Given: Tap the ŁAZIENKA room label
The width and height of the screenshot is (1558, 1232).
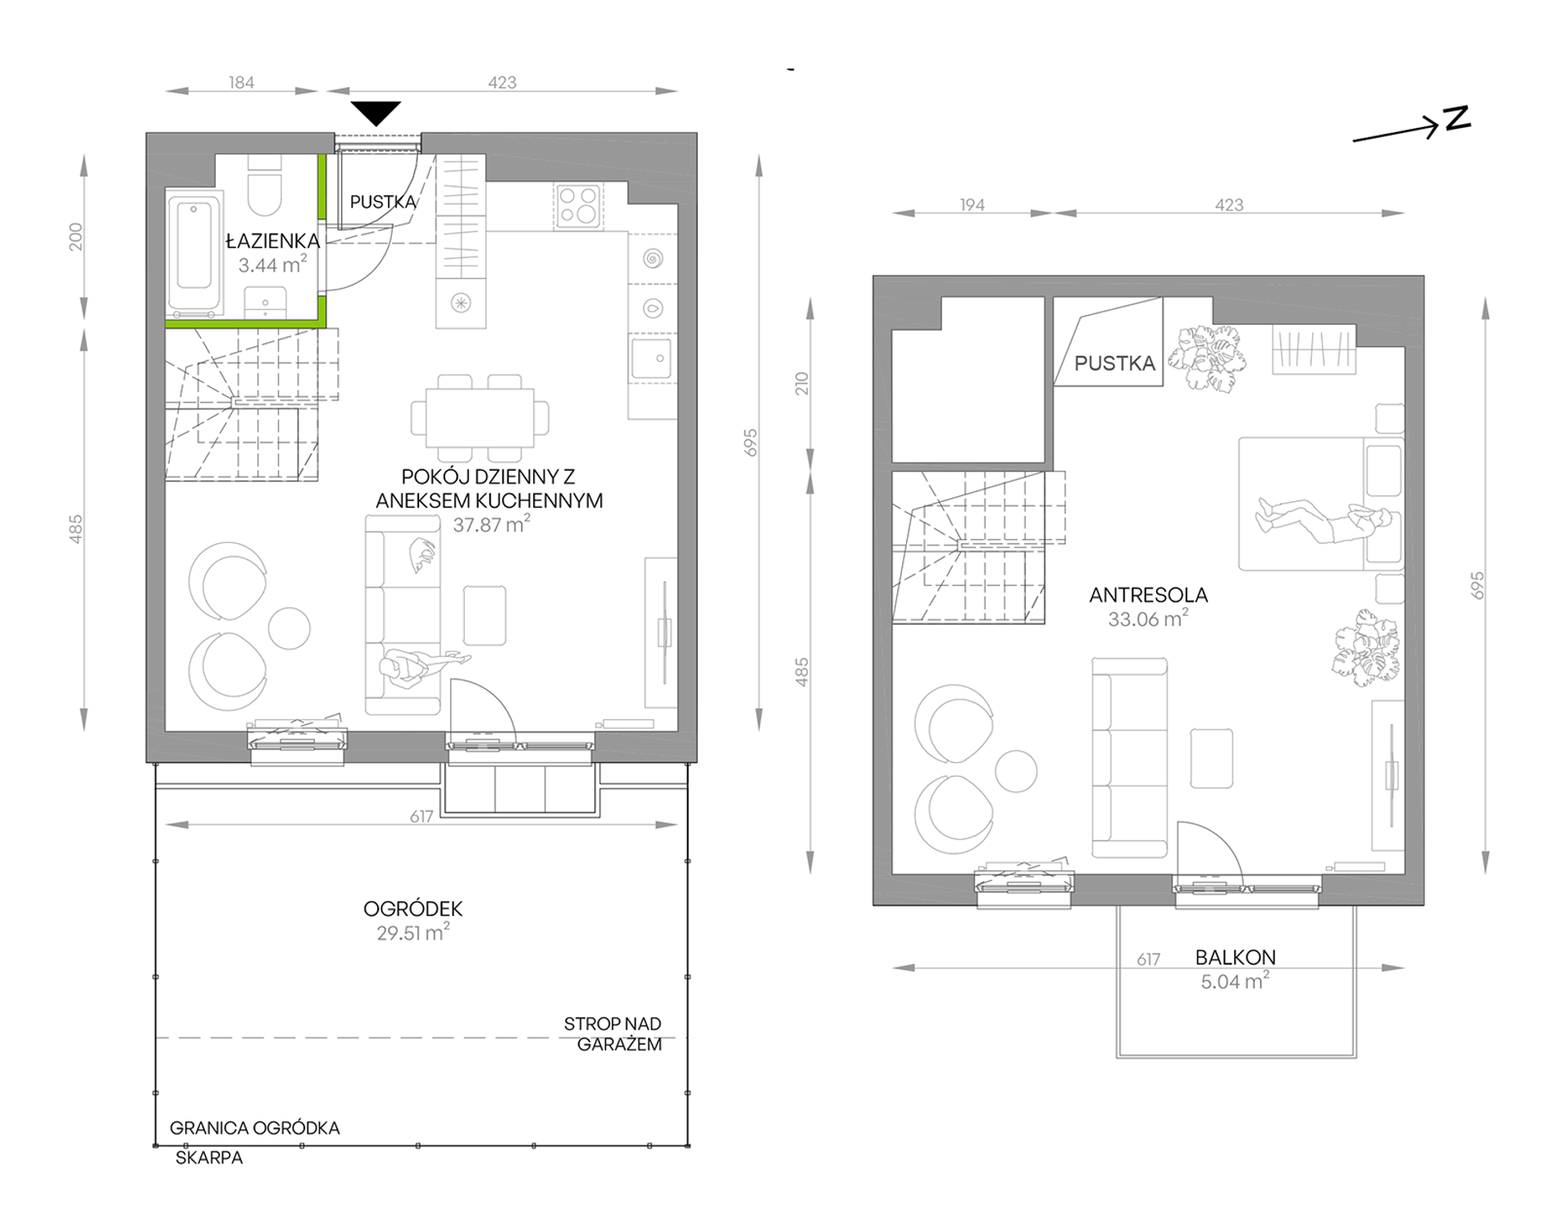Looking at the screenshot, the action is click(272, 241).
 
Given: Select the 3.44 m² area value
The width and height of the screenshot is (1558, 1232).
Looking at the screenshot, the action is click(272, 264).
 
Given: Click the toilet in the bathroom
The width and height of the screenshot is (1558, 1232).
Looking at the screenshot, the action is click(264, 191).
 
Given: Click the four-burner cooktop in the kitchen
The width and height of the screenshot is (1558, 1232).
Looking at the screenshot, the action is click(577, 205).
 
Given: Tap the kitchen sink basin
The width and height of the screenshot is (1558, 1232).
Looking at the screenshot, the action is click(653, 358).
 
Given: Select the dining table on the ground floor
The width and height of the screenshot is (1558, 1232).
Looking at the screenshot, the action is click(480, 418).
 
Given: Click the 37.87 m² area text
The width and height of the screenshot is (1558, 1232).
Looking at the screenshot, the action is click(491, 524).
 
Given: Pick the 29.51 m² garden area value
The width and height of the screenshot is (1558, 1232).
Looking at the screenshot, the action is click(413, 933).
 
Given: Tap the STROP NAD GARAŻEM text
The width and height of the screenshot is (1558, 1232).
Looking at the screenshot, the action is click(613, 1034).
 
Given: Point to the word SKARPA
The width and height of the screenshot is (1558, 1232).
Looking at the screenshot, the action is click(209, 1158).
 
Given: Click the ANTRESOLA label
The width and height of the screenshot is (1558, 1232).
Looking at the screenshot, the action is click(1148, 595).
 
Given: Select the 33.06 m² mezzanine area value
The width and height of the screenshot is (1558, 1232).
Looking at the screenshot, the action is click(1148, 619).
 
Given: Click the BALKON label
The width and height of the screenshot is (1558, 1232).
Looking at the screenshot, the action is click(1235, 957).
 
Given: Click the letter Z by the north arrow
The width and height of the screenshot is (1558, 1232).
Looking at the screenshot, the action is click(1457, 120).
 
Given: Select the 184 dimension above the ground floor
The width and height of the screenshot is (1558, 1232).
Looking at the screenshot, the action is click(241, 83).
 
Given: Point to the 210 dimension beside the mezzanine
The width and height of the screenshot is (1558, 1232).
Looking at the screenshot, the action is click(801, 384).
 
